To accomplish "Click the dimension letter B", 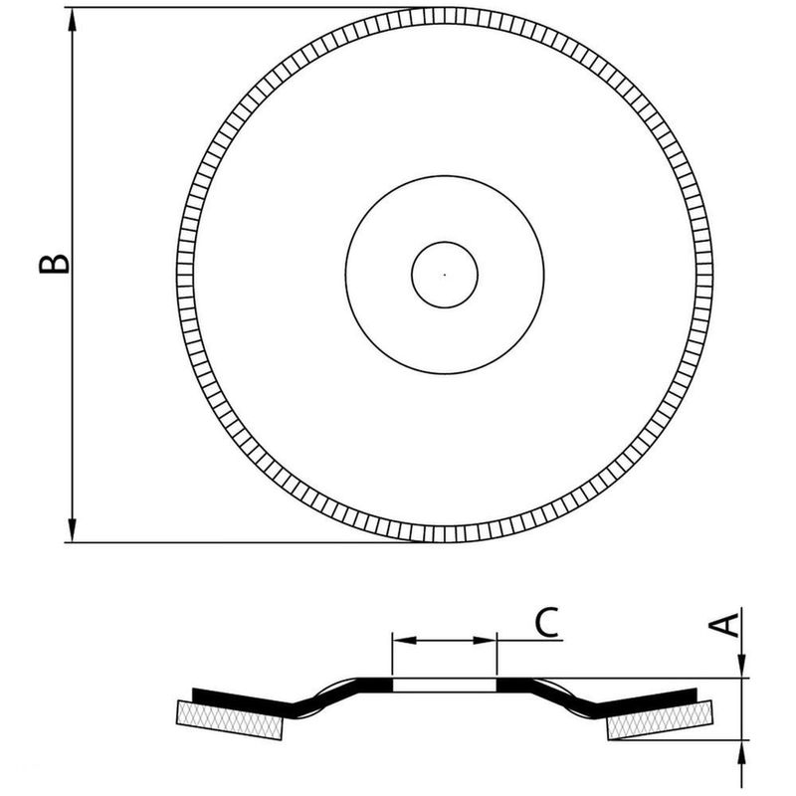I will pyautogui.click(x=55, y=261).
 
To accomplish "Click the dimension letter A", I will pyautogui.click(x=727, y=623).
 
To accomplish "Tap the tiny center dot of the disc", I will pyautogui.click(x=445, y=274).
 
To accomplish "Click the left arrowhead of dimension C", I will pyautogui.click(x=403, y=641).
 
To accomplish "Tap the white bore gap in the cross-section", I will pyautogui.click(x=445, y=686).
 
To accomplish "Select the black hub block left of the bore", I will pyautogui.click(x=376, y=686).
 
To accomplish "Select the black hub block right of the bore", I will pyautogui.click(x=513, y=686).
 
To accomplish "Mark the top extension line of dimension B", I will pyautogui.click(x=229, y=8).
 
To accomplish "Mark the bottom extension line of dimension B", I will pyautogui.click(x=229, y=542).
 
